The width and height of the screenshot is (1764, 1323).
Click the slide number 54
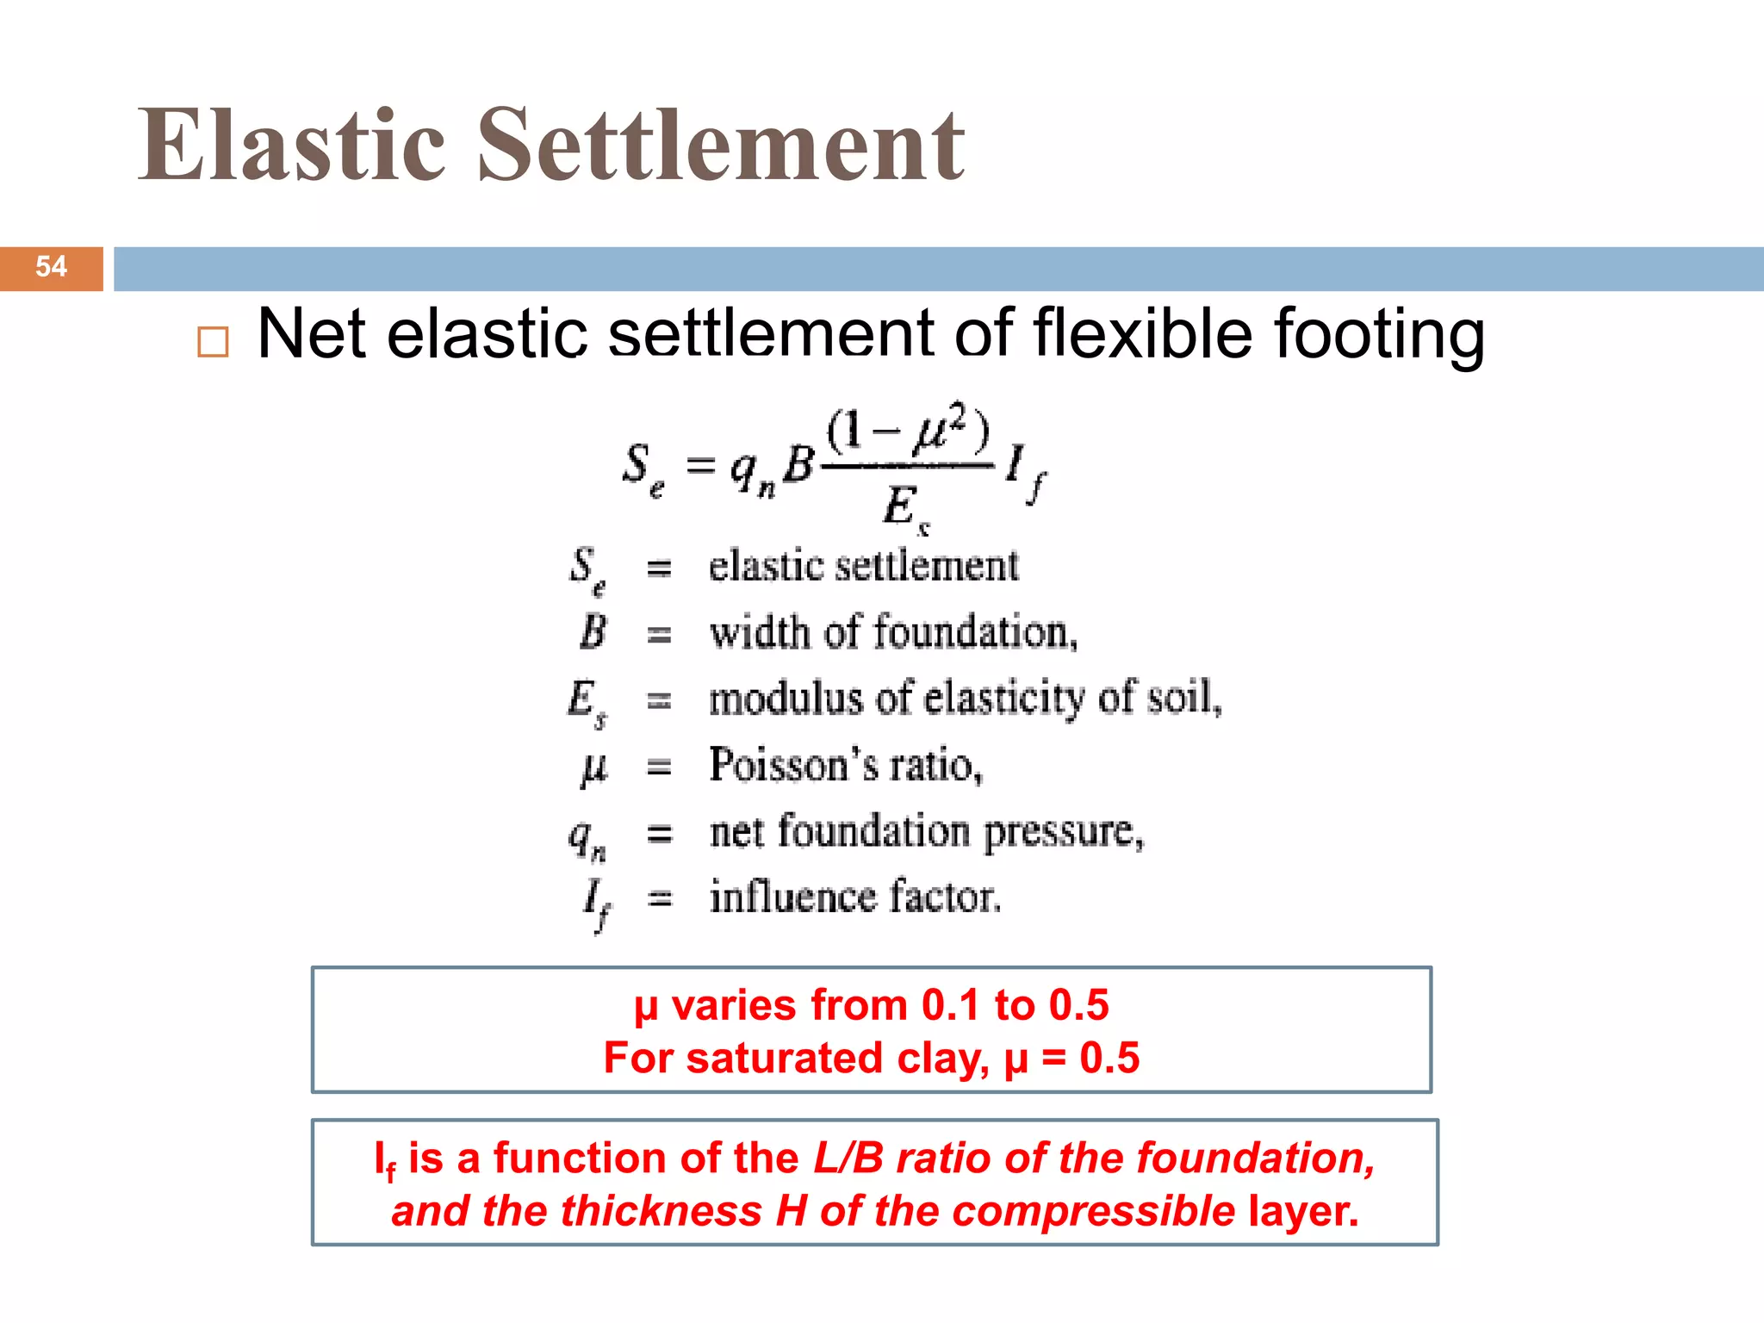pos(51,266)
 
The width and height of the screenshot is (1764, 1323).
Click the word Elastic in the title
pos(292,146)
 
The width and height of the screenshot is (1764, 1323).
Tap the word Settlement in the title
pos(721,146)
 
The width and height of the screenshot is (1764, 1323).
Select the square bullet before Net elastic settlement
pos(213,342)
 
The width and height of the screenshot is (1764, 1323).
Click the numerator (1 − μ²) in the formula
pos(908,430)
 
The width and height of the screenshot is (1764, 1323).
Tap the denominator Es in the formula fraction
pos(905,506)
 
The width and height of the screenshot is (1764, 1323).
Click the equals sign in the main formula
pos(699,466)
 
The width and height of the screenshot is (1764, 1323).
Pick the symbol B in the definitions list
pos(593,632)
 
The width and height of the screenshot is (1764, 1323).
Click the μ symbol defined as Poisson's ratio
pos(593,766)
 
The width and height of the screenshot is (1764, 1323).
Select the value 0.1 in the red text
pos(950,1005)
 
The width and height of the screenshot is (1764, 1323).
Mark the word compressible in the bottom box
pos(1094,1212)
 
